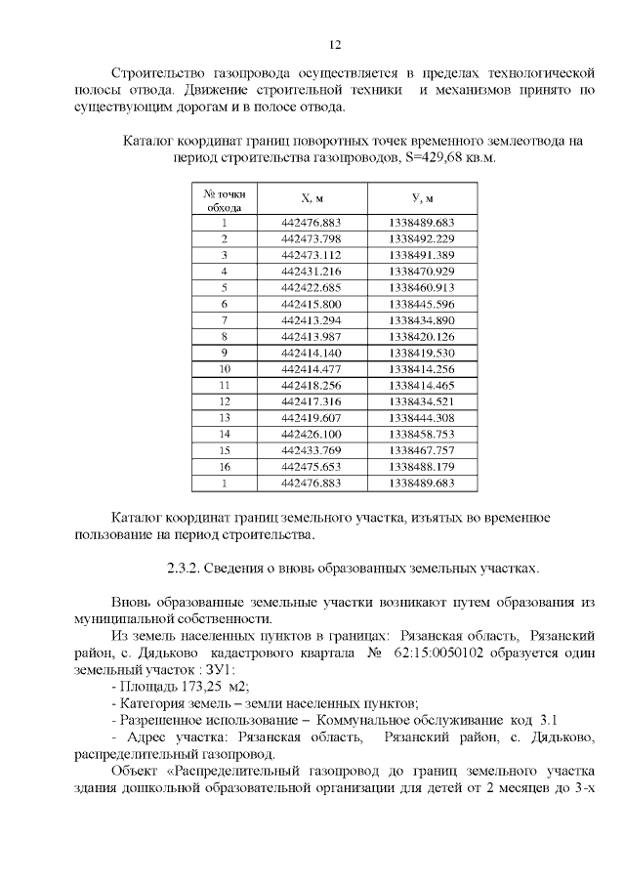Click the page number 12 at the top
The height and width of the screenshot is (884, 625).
pos(334,45)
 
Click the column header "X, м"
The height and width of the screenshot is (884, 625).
pos(312,198)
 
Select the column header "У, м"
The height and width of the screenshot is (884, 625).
pos(421,198)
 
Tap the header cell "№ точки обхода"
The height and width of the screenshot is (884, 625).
pos(224,199)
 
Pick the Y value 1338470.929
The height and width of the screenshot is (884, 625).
pos(421,271)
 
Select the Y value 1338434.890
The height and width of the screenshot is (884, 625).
pos(421,319)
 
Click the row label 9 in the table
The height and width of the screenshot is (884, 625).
pos(224,352)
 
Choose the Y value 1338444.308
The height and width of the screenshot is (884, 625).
pos(421,417)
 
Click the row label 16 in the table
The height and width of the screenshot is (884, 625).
pos(224,466)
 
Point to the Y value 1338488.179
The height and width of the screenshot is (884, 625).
pos(421,466)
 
